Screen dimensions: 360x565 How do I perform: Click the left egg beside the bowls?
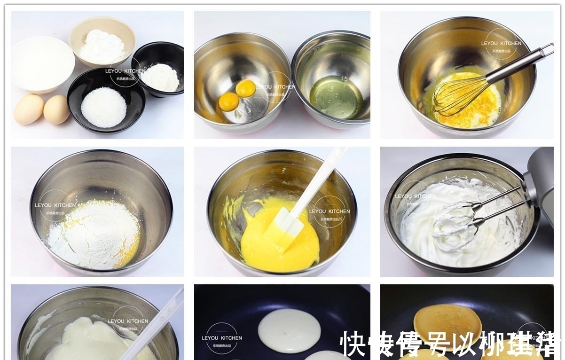[x=29, y=109]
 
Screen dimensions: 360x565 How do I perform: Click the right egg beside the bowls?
[x=56, y=109]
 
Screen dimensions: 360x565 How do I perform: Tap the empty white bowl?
[x=42, y=63]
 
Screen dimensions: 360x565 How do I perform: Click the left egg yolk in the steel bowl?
[x=229, y=101]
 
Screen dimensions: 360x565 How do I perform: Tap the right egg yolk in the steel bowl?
[x=245, y=88]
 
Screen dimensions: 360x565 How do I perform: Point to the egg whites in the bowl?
[x=336, y=96]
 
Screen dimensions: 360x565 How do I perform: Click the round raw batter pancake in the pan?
[x=289, y=330]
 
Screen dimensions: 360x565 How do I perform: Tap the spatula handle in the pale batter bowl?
[x=155, y=324]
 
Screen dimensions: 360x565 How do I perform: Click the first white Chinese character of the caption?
[x=353, y=344]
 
